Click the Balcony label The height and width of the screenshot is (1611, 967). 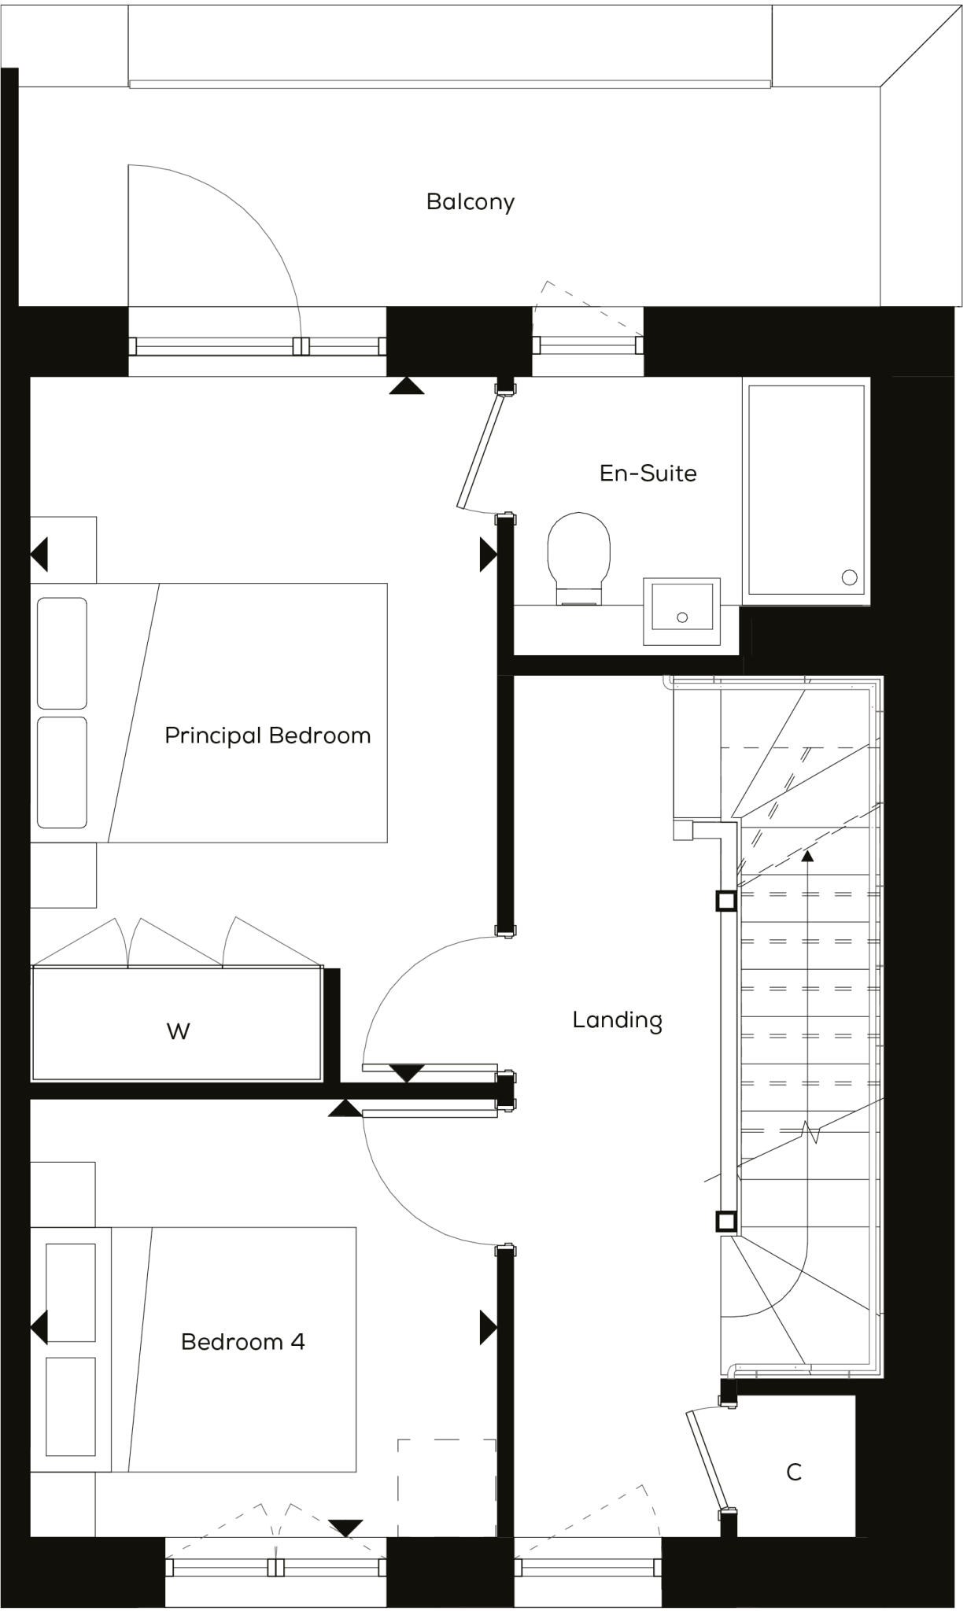[x=471, y=202]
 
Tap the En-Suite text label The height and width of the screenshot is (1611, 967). [x=648, y=474]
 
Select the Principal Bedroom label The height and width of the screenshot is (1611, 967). [x=268, y=735]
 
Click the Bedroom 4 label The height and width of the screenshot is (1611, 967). [x=242, y=1341]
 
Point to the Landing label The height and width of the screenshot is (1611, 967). [x=617, y=1020]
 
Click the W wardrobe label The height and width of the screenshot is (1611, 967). [x=178, y=1031]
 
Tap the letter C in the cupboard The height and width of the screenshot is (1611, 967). [x=794, y=1472]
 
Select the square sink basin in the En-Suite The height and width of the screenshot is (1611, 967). [x=681, y=611]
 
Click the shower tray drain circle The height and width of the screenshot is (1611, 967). [x=849, y=577]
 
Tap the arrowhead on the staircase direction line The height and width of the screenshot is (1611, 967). [x=807, y=855]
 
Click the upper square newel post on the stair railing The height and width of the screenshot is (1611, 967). [x=725, y=901]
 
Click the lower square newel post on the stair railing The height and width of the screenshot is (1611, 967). [x=725, y=1222]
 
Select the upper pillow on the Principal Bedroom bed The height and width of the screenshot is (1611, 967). [x=62, y=653]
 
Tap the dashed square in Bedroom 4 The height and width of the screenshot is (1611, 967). [x=446, y=1487]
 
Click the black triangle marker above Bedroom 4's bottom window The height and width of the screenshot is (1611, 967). [x=345, y=1527]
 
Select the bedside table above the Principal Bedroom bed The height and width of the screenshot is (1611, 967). [x=64, y=550]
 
